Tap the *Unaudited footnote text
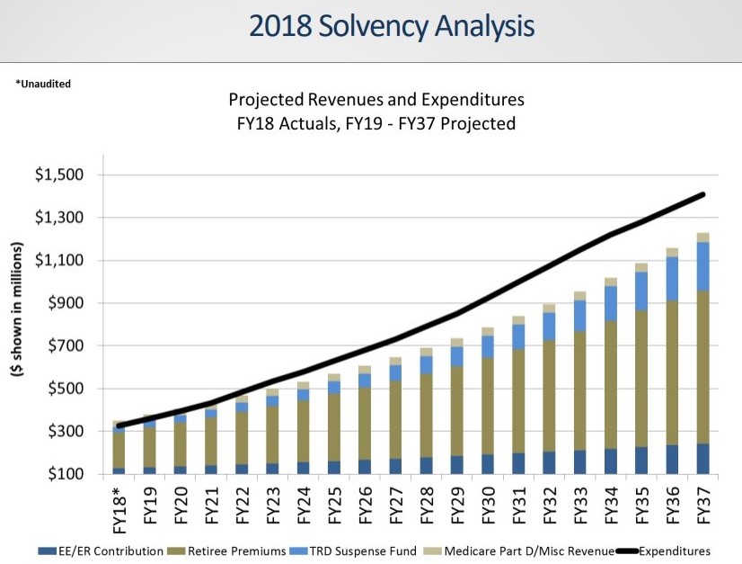point(43,84)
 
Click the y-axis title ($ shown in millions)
point(17,327)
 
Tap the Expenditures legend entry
point(674,551)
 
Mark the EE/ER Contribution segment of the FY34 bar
point(611,461)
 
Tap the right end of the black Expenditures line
point(702,194)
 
